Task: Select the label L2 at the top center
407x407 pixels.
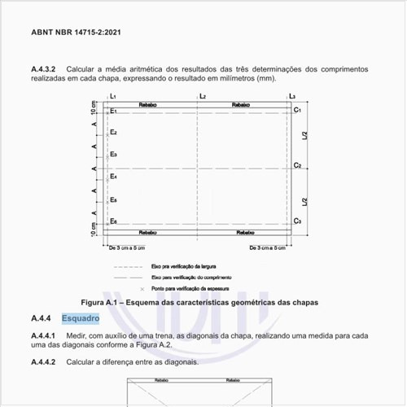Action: pyautogui.click(x=202, y=97)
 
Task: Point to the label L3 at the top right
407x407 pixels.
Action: pyautogui.click(x=292, y=97)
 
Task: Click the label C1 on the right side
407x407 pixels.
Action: pyautogui.click(x=298, y=110)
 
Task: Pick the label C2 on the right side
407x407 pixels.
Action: pyautogui.click(x=298, y=165)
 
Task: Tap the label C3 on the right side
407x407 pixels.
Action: pyautogui.click(x=298, y=221)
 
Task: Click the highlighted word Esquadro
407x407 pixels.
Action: pyautogui.click(x=80, y=317)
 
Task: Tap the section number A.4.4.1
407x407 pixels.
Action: pyautogui.click(x=45, y=335)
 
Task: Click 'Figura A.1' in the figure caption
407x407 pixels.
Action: pyautogui.click(x=108, y=302)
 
